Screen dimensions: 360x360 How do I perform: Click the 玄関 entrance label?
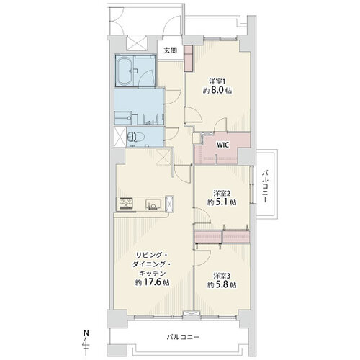tap(171, 50)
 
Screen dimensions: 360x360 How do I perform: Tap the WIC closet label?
tap(223, 145)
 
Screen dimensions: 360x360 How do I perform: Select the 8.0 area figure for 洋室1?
tap(217, 90)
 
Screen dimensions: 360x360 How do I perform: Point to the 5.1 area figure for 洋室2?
tap(222, 202)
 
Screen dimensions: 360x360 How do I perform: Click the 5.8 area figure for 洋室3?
tap(222, 284)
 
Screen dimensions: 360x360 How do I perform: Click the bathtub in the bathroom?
tap(124, 71)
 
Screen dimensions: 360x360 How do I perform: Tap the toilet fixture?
tap(135, 138)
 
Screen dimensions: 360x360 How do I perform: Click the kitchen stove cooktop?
tap(125, 204)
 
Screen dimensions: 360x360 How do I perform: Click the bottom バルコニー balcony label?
tap(183, 338)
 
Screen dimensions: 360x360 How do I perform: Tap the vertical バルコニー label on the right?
tap(265, 186)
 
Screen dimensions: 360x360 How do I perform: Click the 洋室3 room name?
tap(222, 275)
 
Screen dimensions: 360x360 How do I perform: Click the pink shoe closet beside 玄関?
tap(189, 58)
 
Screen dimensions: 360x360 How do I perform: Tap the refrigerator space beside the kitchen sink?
tap(170, 204)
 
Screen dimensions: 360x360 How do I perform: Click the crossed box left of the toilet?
tap(120, 137)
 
